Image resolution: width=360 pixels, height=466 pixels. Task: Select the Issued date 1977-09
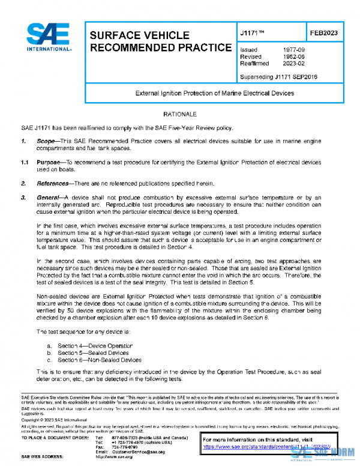tap(293, 49)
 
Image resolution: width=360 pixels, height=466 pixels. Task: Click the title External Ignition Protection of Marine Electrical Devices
tap(214, 93)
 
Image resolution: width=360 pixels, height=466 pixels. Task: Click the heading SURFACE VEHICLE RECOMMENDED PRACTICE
tap(160, 41)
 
